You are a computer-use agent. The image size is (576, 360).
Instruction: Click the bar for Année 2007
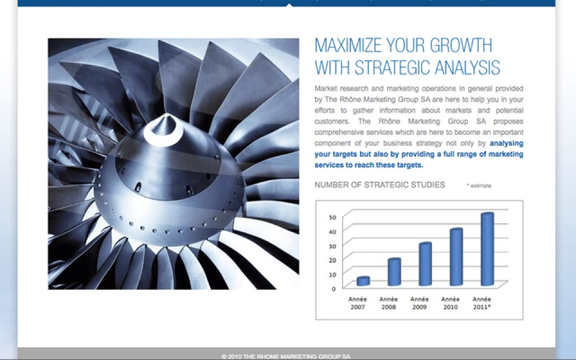pyautogui.click(x=363, y=281)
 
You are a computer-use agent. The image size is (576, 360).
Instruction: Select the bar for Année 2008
pyautogui.click(x=394, y=272)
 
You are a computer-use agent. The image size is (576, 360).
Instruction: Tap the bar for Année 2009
pyautogui.click(x=425, y=264)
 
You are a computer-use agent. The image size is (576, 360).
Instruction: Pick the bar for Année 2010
pyautogui.click(x=456, y=257)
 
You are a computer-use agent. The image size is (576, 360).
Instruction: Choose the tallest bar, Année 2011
pyautogui.click(x=487, y=249)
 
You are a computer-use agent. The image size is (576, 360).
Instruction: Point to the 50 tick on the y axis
pyautogui.click(x=332, y=217)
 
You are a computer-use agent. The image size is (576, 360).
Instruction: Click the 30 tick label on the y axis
pyautogui.click(x=332, y=246)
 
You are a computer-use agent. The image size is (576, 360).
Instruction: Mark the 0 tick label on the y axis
pyautogui.click(x=334, y=289)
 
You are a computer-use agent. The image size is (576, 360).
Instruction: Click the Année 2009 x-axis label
pyautogui.click(x=419, y=303)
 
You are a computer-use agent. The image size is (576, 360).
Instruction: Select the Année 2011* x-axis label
pyautogui.click(x=482, y=303)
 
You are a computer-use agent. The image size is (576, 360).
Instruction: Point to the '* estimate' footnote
pyautogui.click(x=479, y=185)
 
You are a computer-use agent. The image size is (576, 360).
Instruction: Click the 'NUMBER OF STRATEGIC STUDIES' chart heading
pyautogui.click(x=379, y=185)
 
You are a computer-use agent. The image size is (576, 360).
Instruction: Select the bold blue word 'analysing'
pyautogui.click(x=506, y=143)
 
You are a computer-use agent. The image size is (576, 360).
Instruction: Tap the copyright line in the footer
pyautogui.click(x=286, y=356)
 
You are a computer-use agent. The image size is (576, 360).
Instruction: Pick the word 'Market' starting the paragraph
pyautogui.click(x=325, y=89)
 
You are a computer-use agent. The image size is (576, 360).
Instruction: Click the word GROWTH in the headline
pyautogui.click(x=461, y=46)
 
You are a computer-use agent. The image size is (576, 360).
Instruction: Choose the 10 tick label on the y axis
pyautogui.click(x=332, y=274)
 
